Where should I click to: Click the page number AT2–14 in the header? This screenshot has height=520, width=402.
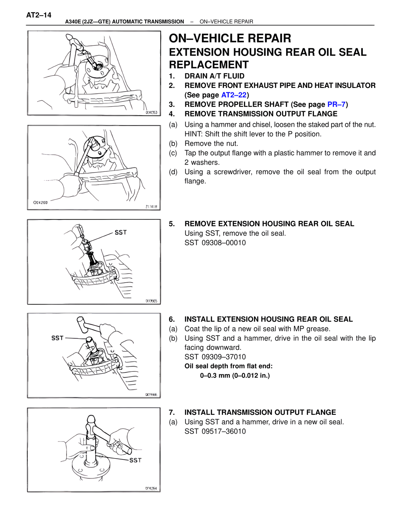39,15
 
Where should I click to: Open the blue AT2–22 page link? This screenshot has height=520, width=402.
234,95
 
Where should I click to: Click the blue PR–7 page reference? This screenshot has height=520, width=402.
336,104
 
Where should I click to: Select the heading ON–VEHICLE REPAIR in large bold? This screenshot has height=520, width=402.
230,38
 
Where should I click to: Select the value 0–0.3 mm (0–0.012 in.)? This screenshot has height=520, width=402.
235,376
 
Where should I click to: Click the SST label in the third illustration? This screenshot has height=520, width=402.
121,232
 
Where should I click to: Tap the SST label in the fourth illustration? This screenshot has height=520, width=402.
57,338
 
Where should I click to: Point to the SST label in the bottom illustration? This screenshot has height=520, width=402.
135,460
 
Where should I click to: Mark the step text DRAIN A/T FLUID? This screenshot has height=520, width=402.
214,76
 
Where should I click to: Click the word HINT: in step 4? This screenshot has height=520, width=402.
193,134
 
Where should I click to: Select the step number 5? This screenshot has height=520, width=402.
171,224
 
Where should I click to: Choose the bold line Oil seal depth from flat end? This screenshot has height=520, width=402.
228,366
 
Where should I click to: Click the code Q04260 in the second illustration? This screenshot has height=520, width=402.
40,203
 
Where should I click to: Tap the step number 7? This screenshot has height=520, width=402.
171,412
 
